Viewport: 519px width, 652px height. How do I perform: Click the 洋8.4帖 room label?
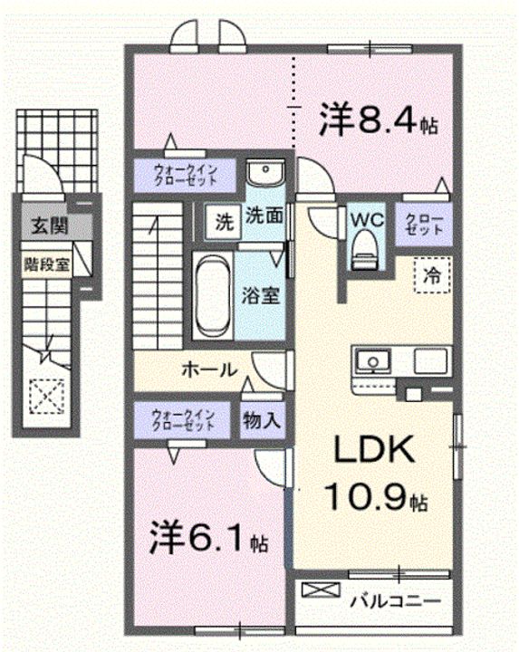tap(378, 121)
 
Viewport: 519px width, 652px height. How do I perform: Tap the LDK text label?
tap(375, 449)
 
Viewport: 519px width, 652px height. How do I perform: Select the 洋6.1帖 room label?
tap(208, 539)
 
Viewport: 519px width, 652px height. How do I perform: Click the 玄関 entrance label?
tap(51, 226)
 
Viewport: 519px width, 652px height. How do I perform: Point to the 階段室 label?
tap(46, 264)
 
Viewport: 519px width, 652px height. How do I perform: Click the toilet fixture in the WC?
tap(365, 250)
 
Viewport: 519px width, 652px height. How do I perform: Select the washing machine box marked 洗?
tap(224, 222)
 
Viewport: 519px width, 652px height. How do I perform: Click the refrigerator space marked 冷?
tap(433, 275)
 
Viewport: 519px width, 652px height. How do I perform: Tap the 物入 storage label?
tap(262, 420)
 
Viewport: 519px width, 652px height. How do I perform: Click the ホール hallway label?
tap(210, 369)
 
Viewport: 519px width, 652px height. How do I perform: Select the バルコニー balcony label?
tap(395, 601)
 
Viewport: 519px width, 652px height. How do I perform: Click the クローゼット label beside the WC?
tap(424, 225)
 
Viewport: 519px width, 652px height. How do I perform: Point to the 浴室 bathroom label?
tap(261, 295)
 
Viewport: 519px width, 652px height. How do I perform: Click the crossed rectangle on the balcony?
tap(321, 590)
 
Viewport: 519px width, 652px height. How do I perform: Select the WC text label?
tap(367, 219)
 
